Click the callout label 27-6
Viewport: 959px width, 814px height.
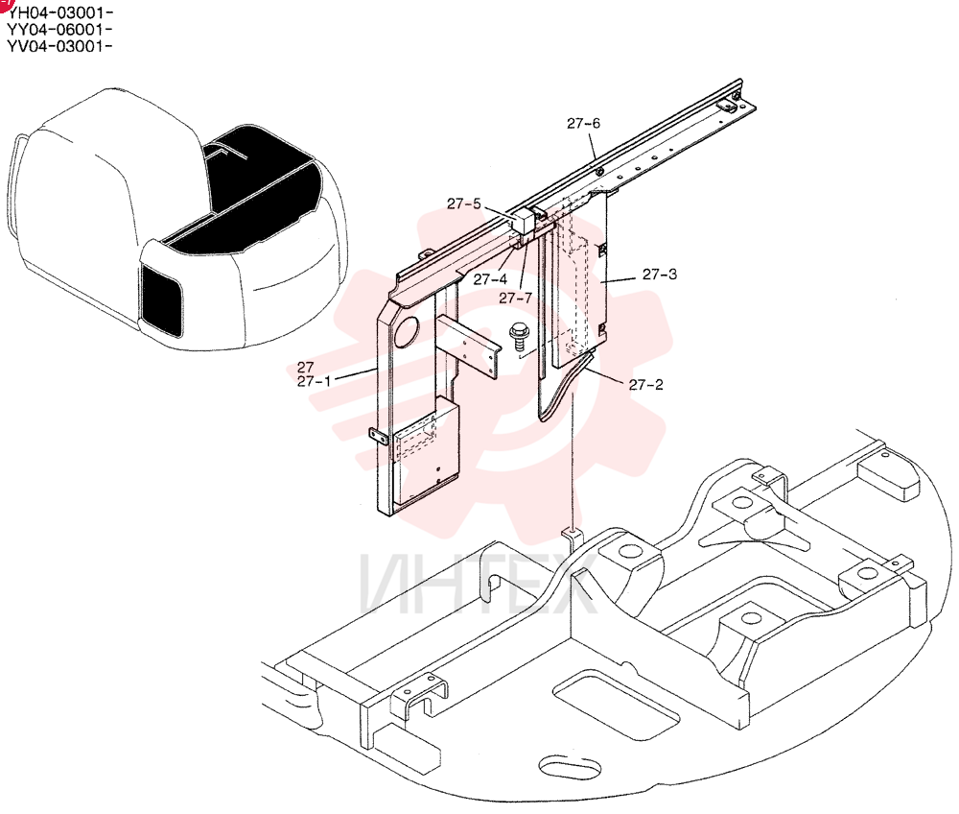pyautogui.click(x=583, y=124)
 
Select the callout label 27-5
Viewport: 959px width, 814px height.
pyautogui.click(x=463, y=203)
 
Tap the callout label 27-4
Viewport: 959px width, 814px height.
pyautogui.click(x=490, y=279)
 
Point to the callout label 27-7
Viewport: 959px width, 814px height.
pyautogui.click(x=516, y=299)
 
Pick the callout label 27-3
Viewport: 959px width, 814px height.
pyautogui.click(x=660, y=275)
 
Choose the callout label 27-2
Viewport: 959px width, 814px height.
pyautogui.click(x=645, y=384)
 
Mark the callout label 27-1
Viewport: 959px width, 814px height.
pyautogui.click(x=314, y=381)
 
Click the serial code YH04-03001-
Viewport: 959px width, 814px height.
pyautogui.click(x=59, y=12)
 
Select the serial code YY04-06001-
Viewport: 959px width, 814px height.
pyautogui.click(x=59, y=29)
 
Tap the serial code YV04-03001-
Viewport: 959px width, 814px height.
pyautogui.click(x=59, y=46)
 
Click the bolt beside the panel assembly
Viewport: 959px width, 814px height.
pyautogui.click(x=519, y=337)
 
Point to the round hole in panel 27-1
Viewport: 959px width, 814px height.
pyautogui.click(x=406, y=331)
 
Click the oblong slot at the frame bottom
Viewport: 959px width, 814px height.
pyautogui.click(x=563, y=767)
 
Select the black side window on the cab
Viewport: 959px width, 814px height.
pyautogui.click(x=161, y=300)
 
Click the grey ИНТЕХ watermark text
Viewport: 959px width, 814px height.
pyautogui.click(x=479, y=585)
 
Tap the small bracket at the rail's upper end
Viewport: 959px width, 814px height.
pyautogui.click(x=729, y=106)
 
